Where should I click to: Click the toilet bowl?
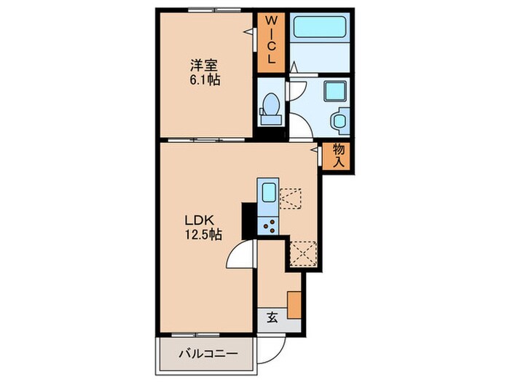(x=270, y=106)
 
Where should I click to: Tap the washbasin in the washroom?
(x=340, y=120)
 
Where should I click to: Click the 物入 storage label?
(x=339, y=155)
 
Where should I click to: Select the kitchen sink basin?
(x=268, y=193)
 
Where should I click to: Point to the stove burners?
(x=268, y=225)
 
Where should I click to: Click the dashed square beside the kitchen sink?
(x=291, y=198)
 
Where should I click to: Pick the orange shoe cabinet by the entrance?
(x=294, y=304)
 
